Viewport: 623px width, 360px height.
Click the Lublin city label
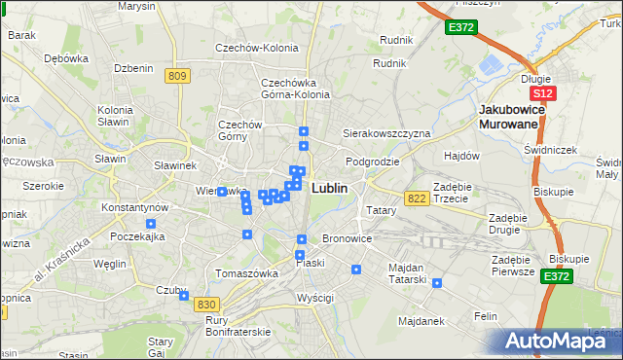pos(329,188)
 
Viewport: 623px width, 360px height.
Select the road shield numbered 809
pos(176,76)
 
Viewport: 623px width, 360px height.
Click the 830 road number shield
pos(205,305)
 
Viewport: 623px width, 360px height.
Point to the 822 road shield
pos(418,198)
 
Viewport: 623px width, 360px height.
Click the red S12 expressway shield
pos(543,93)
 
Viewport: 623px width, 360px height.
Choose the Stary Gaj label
pos(160,347)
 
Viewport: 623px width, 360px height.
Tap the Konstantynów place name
pos(135,208)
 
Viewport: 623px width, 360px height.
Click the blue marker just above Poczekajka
pos(150,225)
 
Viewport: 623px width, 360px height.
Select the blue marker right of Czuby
pos(184,297)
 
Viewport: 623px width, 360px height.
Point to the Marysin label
pos(136,6)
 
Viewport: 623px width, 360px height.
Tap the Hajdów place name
pos(462,156)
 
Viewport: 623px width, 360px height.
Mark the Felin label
pos(486,316)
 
